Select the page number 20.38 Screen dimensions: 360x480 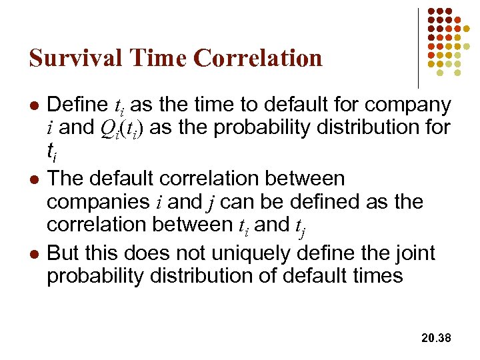437,339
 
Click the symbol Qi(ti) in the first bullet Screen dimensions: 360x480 128,127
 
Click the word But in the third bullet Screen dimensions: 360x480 64,253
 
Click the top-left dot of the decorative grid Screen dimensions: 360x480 431,12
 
